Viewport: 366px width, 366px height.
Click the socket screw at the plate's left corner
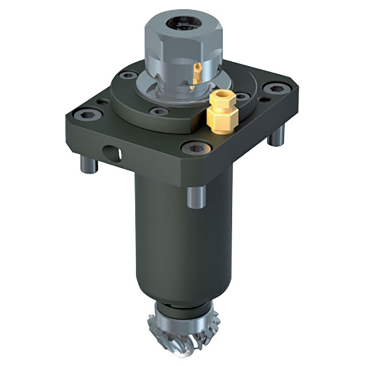(91, 114)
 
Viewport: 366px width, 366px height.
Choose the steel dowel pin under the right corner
(277, 137)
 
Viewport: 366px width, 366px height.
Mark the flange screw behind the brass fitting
(242, 96)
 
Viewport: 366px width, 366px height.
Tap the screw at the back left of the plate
(129, 74)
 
